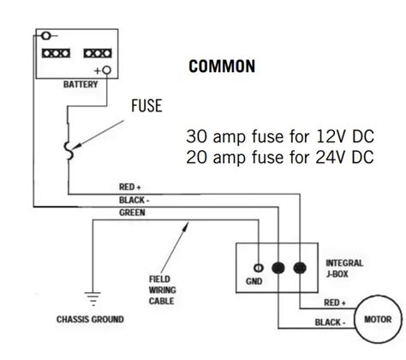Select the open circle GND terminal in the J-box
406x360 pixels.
256,267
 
